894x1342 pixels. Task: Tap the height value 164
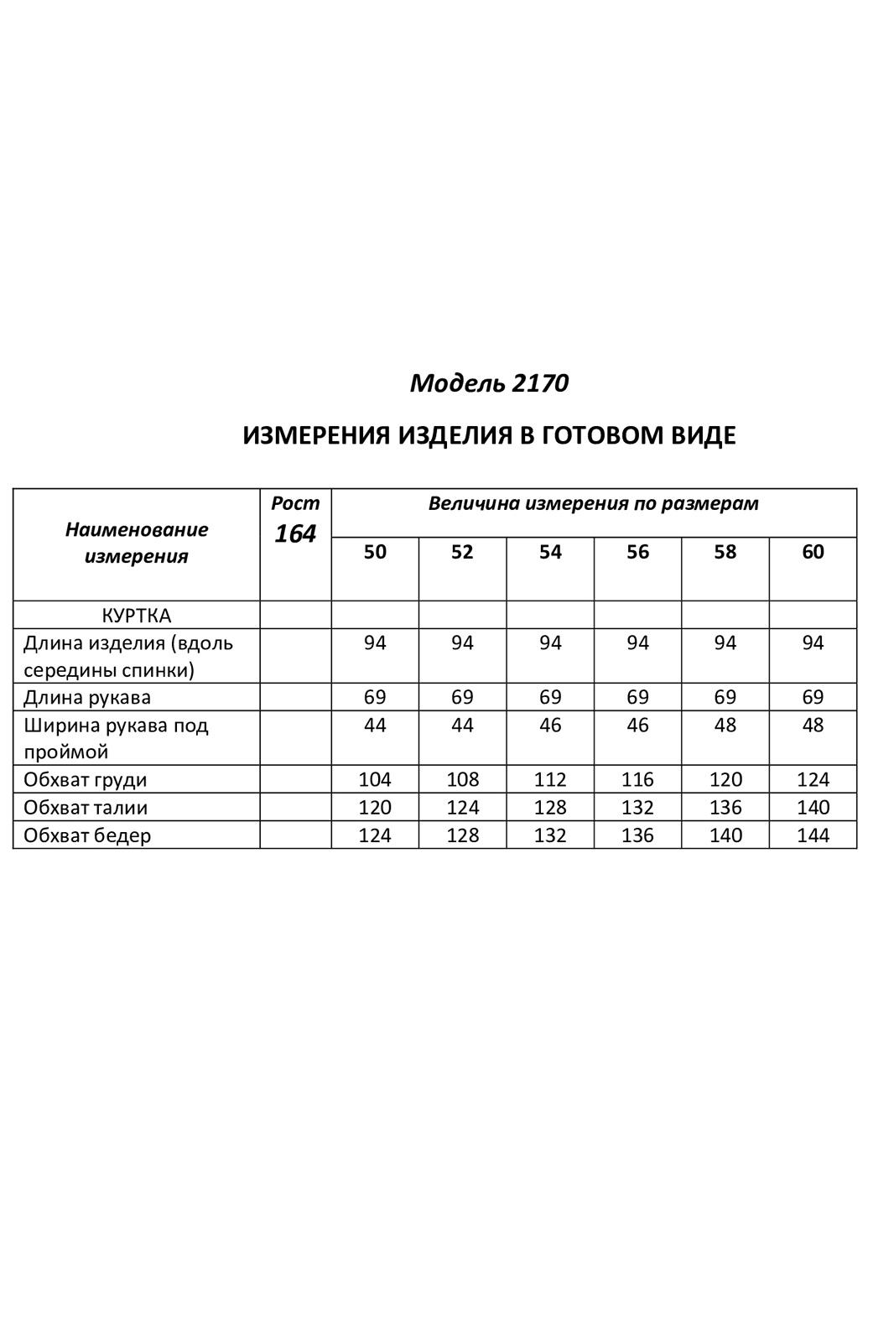click(295, 533)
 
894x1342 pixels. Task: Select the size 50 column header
click(375, 552)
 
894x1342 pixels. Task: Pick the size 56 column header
click(637, 552)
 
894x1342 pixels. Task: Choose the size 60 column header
click(813, 552)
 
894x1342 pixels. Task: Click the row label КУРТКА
click(137, 615)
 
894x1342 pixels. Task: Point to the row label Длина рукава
click(87, 697)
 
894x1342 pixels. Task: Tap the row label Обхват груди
click(86, 779)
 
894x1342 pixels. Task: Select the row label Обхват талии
click(86, 808)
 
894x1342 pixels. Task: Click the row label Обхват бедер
click(87, 835)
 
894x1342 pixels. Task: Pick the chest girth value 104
click(375, 779)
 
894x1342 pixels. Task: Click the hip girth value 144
click(813, 835)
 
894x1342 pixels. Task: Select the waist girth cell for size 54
click(550, 808)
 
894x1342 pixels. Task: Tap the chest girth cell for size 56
click(637, 779)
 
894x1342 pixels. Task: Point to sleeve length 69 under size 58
click(725, 697)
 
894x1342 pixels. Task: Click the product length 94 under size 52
click(462, 643)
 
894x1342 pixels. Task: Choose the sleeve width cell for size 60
click(813, 725)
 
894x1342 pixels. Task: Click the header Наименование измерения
click(137, 543)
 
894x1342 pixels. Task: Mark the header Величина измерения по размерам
click(594, 503)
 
